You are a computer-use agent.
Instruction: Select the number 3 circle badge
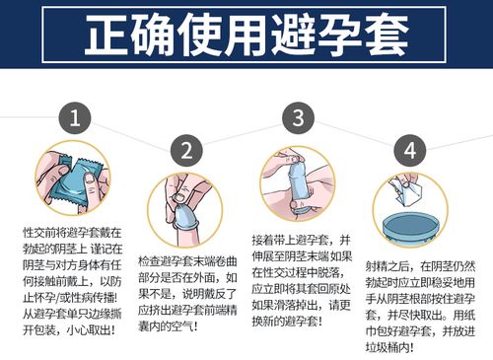[x=297, y=119]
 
